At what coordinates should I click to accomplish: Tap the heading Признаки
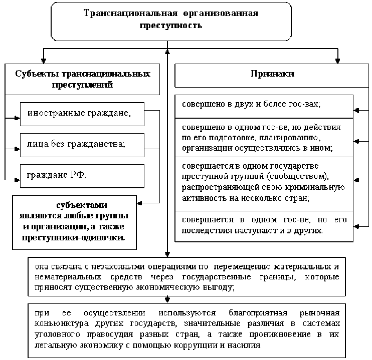tap(272, 74)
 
